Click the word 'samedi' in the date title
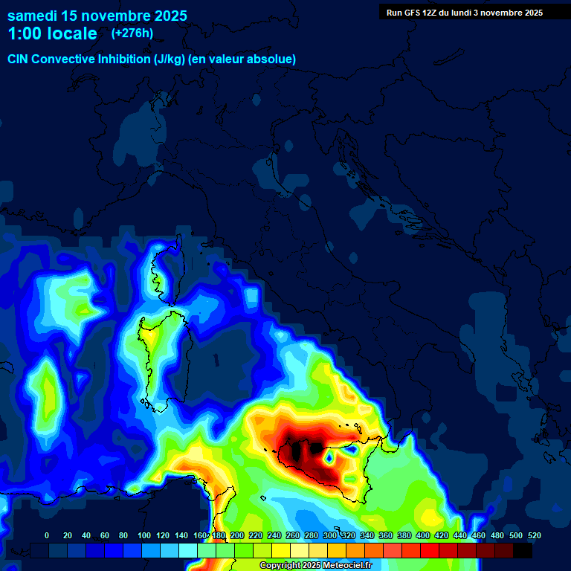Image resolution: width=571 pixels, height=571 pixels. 32,16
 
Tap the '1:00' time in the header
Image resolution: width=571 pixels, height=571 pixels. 25,33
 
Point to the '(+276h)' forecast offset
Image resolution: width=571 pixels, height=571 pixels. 132,33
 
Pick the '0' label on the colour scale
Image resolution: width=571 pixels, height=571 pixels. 47,535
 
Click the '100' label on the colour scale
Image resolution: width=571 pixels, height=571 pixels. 144,535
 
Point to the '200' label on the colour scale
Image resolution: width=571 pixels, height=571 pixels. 237,535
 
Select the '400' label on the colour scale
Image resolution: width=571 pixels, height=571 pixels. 423,535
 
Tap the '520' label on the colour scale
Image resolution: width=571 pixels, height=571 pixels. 535,535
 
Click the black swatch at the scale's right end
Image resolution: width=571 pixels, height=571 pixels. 523,550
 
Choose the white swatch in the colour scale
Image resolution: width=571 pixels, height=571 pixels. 300,550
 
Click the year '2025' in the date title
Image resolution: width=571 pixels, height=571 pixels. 168,16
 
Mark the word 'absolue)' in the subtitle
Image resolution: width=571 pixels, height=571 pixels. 272,59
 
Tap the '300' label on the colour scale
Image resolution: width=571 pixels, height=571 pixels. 330,535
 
